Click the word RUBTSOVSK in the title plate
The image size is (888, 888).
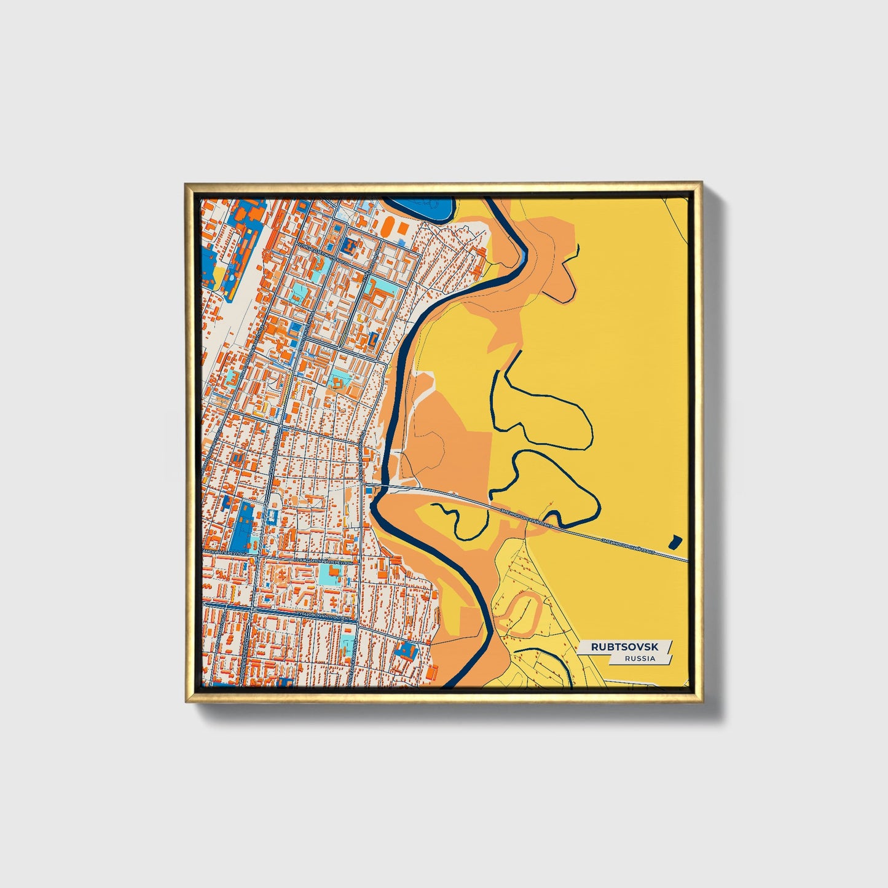(x=624, y=647)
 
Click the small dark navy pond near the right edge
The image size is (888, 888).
(x=675, y=541)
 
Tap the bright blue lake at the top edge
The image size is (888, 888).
(x=418, y=210)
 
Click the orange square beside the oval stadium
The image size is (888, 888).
(x=403, y=229)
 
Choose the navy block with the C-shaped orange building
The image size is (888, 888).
(x=374, y=339)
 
